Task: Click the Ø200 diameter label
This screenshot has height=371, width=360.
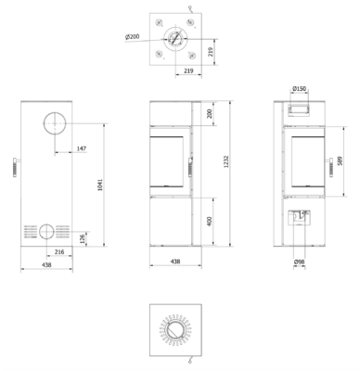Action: pyautogui.click(x=133, y=36)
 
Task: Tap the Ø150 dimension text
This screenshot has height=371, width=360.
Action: pyautogui.click(x=299, y=89)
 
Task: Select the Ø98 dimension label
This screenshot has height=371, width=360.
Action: pyautogui.click(x=299, y=262)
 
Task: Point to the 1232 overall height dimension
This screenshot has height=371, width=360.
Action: pyautogui.click(x=226, y=161)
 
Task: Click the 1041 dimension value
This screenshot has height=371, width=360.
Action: pyautogui.click(x=100, y=185)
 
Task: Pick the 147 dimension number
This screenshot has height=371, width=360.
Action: pyautogui.click(x=82, y=148)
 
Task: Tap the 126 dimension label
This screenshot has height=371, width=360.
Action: pyautogui.click(x=83, y=239)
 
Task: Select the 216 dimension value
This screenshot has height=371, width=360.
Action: pyautogui.click(x=59, y=252)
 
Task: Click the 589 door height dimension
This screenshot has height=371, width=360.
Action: pyautogui.click(x=340, y=160)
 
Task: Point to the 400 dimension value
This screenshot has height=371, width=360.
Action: pyautogui.click(x=210, y=222)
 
